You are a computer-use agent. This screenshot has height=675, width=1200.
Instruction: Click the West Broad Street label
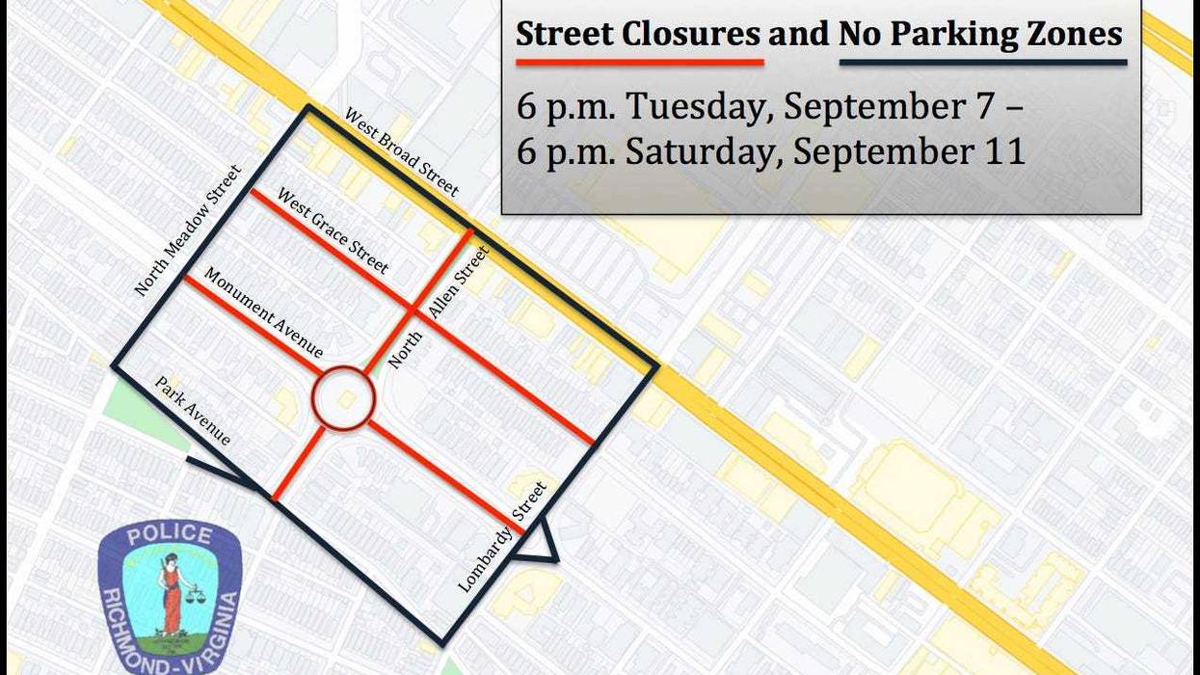pos(401,152)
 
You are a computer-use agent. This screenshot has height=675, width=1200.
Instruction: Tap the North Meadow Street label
pos(188,230)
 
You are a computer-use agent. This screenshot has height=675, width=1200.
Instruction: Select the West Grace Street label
pos(333,230)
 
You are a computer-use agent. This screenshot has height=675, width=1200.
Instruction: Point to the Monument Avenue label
pos(262,312)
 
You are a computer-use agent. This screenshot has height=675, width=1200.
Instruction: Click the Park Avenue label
pos(193,411)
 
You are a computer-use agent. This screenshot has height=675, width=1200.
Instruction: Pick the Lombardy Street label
pos(502,535)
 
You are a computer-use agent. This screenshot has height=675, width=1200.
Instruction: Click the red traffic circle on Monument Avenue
pos(343,397)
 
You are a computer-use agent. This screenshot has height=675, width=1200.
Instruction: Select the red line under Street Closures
pos(639,63)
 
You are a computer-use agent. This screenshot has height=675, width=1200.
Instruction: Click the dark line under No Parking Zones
pos(982,63)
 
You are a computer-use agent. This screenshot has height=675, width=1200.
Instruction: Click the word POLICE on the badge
pos(169,534)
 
